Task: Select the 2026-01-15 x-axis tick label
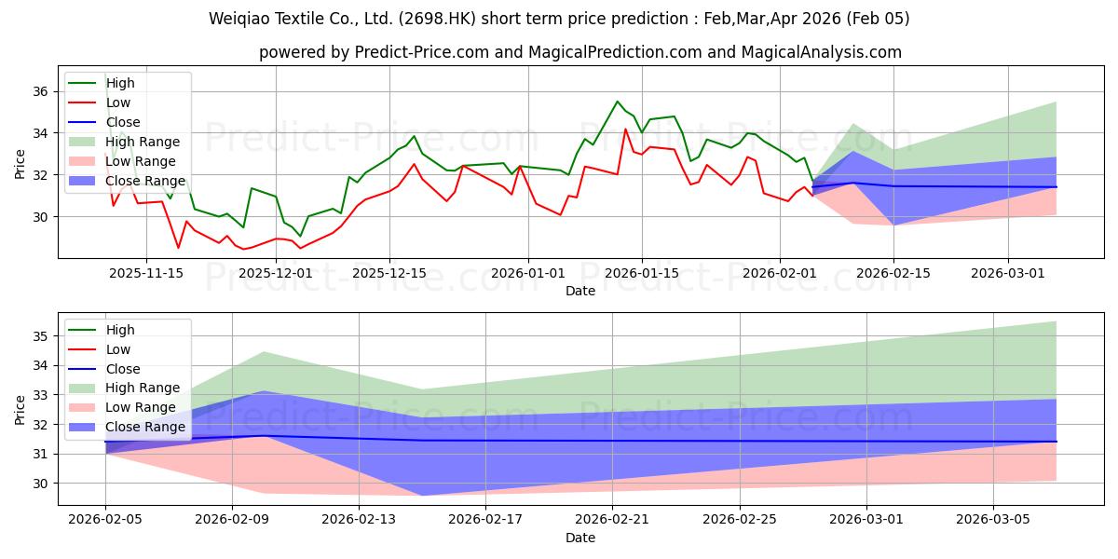point(641,273)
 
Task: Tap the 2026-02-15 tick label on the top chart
point(893,273)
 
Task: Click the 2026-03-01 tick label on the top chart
point(1008,273)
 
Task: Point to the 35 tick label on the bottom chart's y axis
point(41,336)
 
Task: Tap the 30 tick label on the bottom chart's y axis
point(41,484)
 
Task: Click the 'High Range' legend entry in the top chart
point(143,142)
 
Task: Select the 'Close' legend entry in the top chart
point(123,122)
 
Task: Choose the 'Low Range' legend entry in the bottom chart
point(141,407)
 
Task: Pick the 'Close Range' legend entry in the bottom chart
point(145,427)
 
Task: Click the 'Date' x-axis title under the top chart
point(579,291)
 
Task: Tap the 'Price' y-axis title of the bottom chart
point(20,410)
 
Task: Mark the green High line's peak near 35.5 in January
point(617,102)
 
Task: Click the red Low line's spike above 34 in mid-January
point(625,130)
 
